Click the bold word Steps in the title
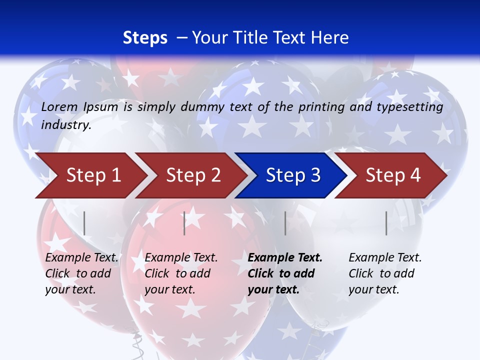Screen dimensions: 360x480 coord(145,38)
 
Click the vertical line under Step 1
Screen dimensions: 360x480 coord(84,223)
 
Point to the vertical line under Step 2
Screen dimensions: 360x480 coord(184,223)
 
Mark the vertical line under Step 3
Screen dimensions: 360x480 coord(285,223)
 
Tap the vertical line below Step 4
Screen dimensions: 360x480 coord(386,223)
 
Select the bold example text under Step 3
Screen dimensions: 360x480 coord(284,273)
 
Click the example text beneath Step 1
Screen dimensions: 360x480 coord(81,273)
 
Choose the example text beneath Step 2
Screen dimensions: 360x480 coord(181,273)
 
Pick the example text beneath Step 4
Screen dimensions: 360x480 coord(385,273)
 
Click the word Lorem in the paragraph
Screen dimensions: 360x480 coord(59,106)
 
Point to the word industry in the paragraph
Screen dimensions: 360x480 coord(66,125)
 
